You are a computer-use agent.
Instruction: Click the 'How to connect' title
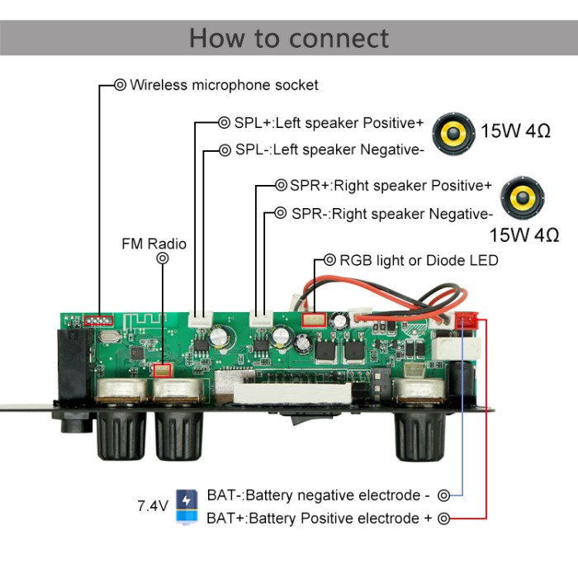[288, 38]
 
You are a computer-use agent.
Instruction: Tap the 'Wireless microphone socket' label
[224, 84]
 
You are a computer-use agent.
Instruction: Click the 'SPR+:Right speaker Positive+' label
[391, 185]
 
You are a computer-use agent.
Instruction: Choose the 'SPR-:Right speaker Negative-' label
[391, 213]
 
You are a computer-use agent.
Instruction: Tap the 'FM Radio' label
[154, 244]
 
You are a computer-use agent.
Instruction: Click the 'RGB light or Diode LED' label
[419, 260]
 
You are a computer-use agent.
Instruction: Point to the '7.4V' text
[153, 505]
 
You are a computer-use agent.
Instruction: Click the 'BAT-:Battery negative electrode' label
[319, 495]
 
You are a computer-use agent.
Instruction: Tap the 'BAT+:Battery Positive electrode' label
[319, 519]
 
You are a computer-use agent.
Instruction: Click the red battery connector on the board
[467, 320]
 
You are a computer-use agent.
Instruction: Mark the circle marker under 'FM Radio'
[163, 258]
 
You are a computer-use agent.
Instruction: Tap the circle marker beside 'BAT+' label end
[444, 519]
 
